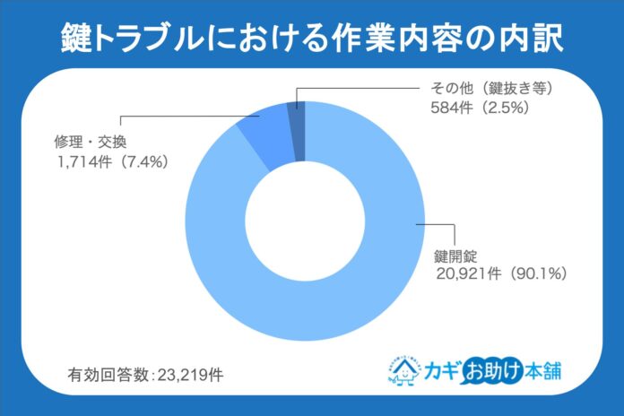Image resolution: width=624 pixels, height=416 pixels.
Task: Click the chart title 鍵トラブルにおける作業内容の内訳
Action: pyautogui.click(x=311, y=37)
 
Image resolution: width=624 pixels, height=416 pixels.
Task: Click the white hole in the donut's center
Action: pyautogui.click(x=305, y=220)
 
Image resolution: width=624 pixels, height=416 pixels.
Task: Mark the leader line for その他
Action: pyautogui.click(x=359, y=88)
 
